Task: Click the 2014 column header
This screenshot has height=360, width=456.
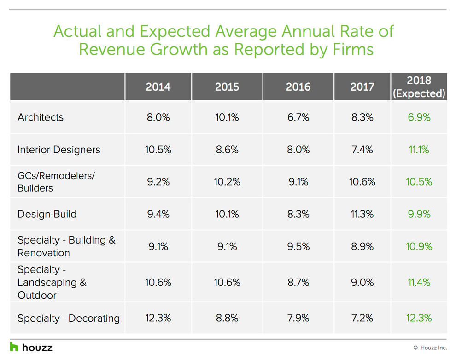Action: (158, 87)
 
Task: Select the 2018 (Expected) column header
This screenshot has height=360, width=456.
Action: (419, 87)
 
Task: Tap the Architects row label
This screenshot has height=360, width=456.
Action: (41, 117)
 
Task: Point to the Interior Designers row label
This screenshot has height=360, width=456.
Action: (58, 150)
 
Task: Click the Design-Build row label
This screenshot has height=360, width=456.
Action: (47, 214)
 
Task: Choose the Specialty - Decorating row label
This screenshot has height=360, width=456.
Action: (69, 318)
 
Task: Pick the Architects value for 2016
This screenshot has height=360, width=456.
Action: (298, 117)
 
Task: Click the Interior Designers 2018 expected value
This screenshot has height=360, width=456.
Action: (419, 150)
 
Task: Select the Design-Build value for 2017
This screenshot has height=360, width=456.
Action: (362, 214)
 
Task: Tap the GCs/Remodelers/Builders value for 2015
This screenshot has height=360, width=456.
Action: (227, 182)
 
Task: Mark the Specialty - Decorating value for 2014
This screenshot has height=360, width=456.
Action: (158, 318)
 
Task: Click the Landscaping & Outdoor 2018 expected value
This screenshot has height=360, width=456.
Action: (419, 282)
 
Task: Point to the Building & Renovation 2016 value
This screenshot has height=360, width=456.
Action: (298, 246)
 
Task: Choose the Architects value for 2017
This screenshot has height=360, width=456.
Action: (362, 117)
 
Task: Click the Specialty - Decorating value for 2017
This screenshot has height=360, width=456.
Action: (362, 318)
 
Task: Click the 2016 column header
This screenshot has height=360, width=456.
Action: (298, 87)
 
